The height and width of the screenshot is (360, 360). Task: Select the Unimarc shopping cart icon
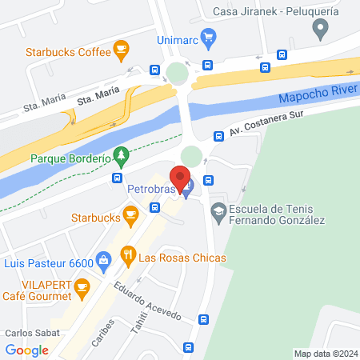pyautogui.click(x=209, y=35)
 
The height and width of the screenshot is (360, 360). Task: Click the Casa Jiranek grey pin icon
pyautogui.click(x=321, y=30)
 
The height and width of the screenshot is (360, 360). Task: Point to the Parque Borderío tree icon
pyautogui.click(x=120, y=154)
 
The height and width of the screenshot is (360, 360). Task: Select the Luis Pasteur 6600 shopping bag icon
pyautogui.click(x=103, y=259)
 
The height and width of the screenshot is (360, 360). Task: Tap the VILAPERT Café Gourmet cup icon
pyautogui.click(x=81, y=286)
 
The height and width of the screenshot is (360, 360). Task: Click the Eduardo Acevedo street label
pyautogui.click(x=142, y=300)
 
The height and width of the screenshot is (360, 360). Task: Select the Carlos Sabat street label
pyautogui.click(x=28, y=333)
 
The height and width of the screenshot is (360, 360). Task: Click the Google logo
pyautogui.click(x=26, y=350)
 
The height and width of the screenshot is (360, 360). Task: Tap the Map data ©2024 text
pyautogui.click(x=325, y=353)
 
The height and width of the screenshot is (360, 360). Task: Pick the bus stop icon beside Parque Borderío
pyautogui.click(x=118, y=177)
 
